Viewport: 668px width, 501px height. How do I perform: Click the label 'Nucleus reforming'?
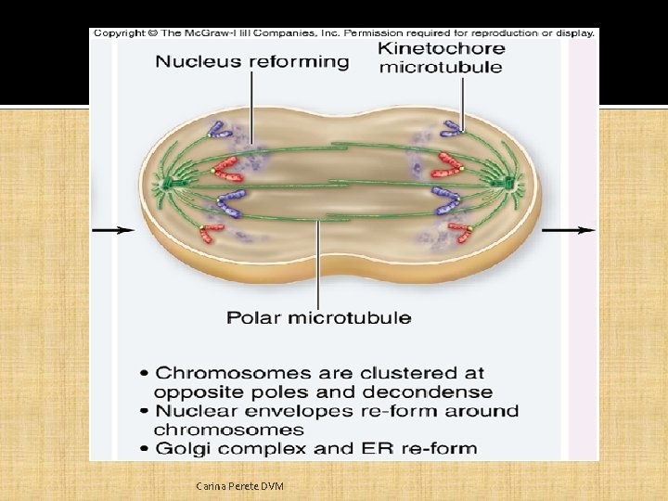pyautogui.click(x=251, y=62)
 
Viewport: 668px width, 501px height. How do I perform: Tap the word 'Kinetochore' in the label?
pyautogui.click(x=442, y=48)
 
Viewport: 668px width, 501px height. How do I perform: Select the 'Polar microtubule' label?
pyautogui.click(x=319, y=317)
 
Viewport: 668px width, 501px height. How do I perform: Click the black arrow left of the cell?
pyautogui.click(x=113, y=229)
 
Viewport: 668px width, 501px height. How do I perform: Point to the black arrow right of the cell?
pyautogui.click(x=568, y=229)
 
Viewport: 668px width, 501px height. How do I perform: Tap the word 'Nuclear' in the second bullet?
pyautogui.click(x=193, y=411)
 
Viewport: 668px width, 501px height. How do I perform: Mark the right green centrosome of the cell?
pyautogui.click(x=511, y=184)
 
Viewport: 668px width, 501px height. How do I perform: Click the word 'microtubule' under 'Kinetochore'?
pyautogui.click(x=441, y=67)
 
